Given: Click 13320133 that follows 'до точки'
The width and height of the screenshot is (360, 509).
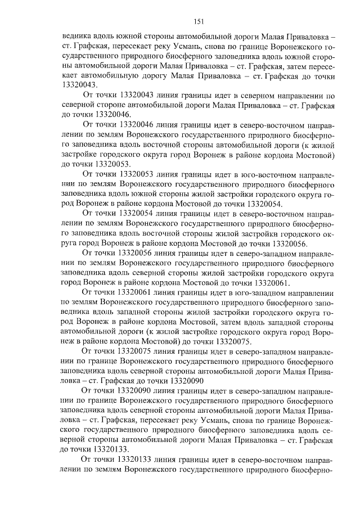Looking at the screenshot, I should (x=100, y=449).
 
